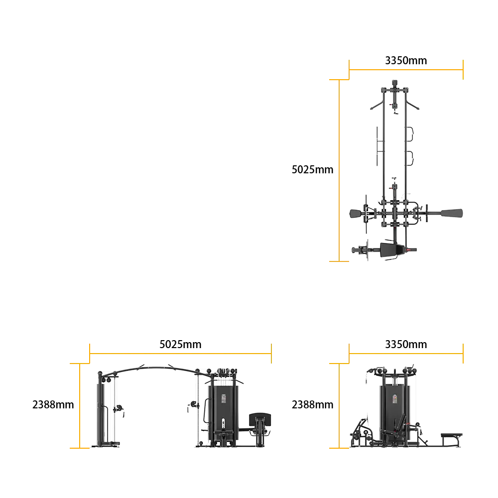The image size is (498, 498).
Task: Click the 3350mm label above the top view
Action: (x=406, y=60)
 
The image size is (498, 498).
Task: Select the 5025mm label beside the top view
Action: (x=313, y=170)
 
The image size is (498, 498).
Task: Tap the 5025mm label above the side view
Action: (x=180, y=344)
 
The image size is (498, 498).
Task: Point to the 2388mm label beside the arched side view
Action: (x=53, y=404)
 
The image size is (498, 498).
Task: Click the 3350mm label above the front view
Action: (x=406, y=344)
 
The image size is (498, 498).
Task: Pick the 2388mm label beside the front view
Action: (x=313, y=404)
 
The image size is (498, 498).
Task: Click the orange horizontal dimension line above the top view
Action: (x=406, y=70)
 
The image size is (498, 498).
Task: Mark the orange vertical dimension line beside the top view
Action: (x=339, y=170)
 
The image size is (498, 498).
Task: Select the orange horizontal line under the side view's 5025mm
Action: (x=180, y=353)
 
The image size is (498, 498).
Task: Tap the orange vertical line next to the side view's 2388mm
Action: (x=80, y=405)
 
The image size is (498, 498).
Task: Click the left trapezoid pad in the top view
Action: (x=357, y=214)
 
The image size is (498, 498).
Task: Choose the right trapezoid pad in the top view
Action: (x=452, y=213)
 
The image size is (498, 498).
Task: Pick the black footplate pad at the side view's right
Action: (x=260, y=419)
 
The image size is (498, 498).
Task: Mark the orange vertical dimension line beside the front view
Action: (x=339, y=405)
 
